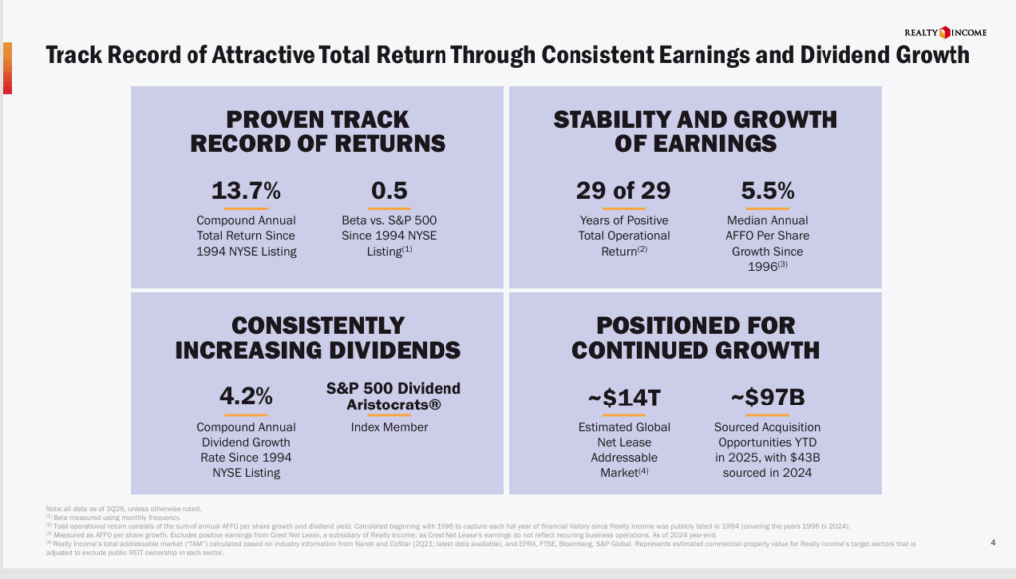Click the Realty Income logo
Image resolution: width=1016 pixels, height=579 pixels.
(x=951, y=32)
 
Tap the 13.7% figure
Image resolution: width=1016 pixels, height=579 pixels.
(x=246, y=190)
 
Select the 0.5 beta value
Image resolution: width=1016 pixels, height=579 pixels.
(x=389, y=190)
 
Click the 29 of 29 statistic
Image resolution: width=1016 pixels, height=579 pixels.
(x=623, y=190)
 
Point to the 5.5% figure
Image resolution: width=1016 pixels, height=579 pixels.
(x=767, y=190)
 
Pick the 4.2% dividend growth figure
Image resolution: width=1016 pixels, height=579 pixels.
(x=246, y=397)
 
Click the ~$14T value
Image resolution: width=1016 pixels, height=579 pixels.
(x=623, y=398)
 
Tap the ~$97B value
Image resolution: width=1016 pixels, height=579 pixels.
(x=767, y=398)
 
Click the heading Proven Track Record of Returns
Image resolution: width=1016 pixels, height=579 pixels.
(x=317, y=131)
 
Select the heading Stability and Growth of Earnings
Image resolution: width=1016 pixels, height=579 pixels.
(x=695, y=131)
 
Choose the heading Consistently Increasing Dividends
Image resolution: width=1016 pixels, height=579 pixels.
(x=317, y=337)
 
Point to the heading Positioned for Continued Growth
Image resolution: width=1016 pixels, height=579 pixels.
(x=695, y=337)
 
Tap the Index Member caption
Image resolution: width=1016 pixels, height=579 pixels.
(x=389, y=427)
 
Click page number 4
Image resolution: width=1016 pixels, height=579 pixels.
(x=993, y=542)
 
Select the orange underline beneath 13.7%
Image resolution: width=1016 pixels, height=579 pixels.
(x=246, y=209)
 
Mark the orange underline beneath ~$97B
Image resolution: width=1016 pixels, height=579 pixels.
(x=767, y=416)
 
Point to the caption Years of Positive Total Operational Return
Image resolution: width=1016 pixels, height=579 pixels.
(x=624, y=236)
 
